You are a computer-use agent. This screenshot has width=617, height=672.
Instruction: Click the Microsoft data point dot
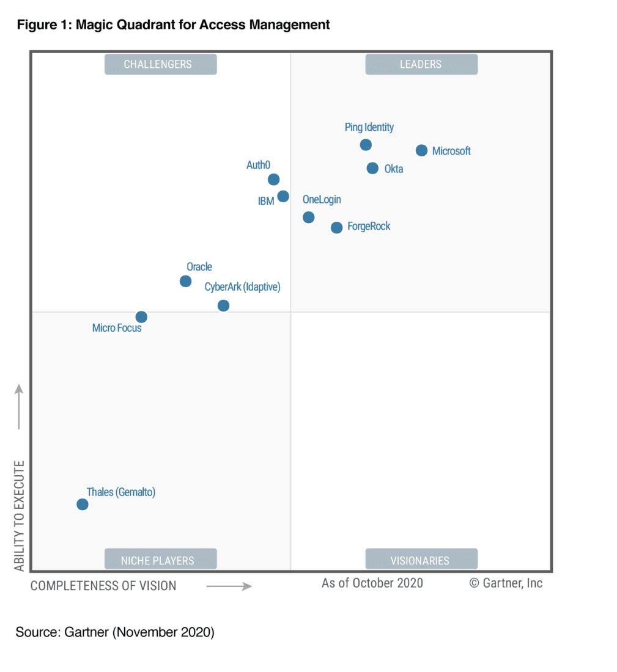click(421, 150)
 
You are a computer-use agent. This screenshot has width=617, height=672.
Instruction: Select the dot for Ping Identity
click(366, 145)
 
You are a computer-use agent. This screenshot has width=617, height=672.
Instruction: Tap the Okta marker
click(372, 168)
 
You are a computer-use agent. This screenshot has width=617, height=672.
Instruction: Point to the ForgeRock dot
click(336, 227)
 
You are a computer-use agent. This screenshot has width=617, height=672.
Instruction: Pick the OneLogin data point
click(309, 217)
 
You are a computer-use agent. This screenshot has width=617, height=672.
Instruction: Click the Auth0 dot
click(273, 179)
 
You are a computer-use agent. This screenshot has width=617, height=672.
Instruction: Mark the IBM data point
click(283, 196)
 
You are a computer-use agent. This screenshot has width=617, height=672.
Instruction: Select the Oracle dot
click(185, 281)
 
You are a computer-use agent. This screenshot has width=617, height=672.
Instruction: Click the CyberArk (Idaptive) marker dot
click(223, 305)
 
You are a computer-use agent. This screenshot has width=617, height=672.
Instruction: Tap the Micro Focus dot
click(141, 316)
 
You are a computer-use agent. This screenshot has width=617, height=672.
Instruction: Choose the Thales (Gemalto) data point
click(83, 504)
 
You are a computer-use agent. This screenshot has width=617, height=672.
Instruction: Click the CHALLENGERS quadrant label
click(160, 64)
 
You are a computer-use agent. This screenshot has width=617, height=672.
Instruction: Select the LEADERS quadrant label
click(421, 64)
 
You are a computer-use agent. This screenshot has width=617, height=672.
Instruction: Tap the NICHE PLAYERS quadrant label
click(160, 560)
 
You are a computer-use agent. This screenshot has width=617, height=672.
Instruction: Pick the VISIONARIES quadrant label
click(421, 560)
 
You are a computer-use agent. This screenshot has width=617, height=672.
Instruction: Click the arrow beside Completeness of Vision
click(229, 586)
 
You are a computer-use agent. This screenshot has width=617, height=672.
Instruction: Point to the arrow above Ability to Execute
click(19, 406)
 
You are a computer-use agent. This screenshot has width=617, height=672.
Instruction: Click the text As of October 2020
click(372, 583)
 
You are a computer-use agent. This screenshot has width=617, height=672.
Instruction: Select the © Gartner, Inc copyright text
click(506, 583)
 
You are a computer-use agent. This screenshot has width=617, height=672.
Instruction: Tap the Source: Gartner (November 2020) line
click(115, 632)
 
